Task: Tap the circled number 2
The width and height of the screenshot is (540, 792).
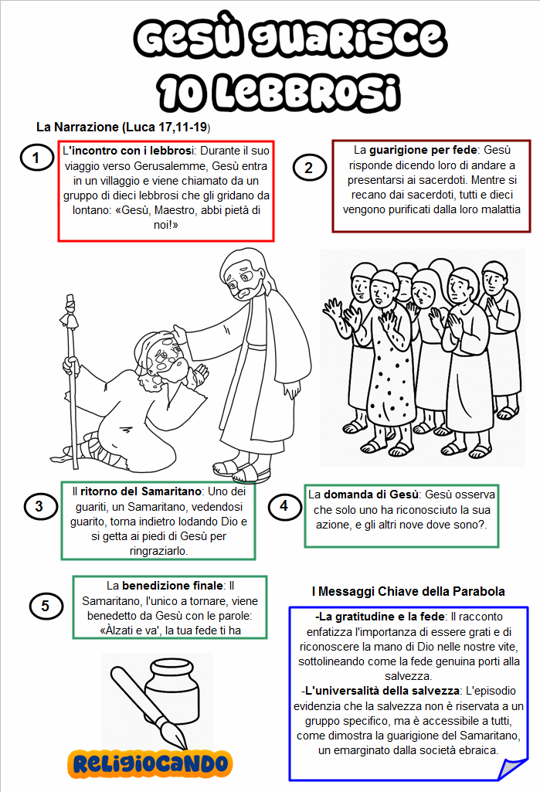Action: [x=309, y=167]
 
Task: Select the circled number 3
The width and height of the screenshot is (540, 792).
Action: [x=39, y=506]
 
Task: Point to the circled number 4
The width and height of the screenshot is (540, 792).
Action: [x=284, y=506]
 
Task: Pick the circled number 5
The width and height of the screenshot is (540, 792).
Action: [x=45, y=606]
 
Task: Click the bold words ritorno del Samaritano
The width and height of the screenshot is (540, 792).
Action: [x=142, y=491]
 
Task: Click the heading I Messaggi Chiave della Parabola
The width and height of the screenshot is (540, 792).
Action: [x=408, y=591]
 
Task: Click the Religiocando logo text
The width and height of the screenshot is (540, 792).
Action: [x=151, y=763]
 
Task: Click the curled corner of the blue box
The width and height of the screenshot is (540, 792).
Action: [x=512, y=768]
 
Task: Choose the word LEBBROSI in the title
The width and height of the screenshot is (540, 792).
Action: [x=280, y=91]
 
